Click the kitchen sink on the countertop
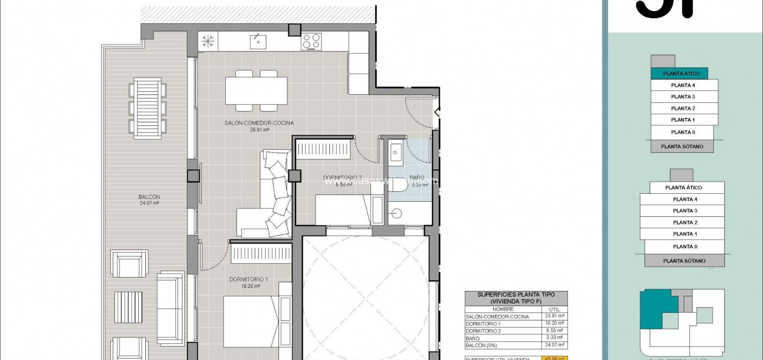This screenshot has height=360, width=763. (258, 41)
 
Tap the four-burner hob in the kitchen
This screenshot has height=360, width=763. (311, 41)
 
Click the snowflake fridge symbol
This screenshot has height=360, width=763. (208, 41)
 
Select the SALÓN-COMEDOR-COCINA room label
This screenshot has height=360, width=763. (259, 123)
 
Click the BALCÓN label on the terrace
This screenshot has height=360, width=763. (149, 197)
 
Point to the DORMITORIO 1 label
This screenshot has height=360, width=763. (248, 279)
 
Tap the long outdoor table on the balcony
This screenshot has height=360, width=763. (148, 108)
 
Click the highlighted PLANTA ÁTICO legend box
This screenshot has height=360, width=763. (681, 74)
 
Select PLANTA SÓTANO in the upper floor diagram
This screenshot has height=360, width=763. (681, 147)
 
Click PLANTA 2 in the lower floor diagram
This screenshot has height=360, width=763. (685, 223)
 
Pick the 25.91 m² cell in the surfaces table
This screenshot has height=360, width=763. (554, 316)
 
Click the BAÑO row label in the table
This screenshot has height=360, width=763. (472, 339)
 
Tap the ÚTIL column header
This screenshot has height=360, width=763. (554, 309)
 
